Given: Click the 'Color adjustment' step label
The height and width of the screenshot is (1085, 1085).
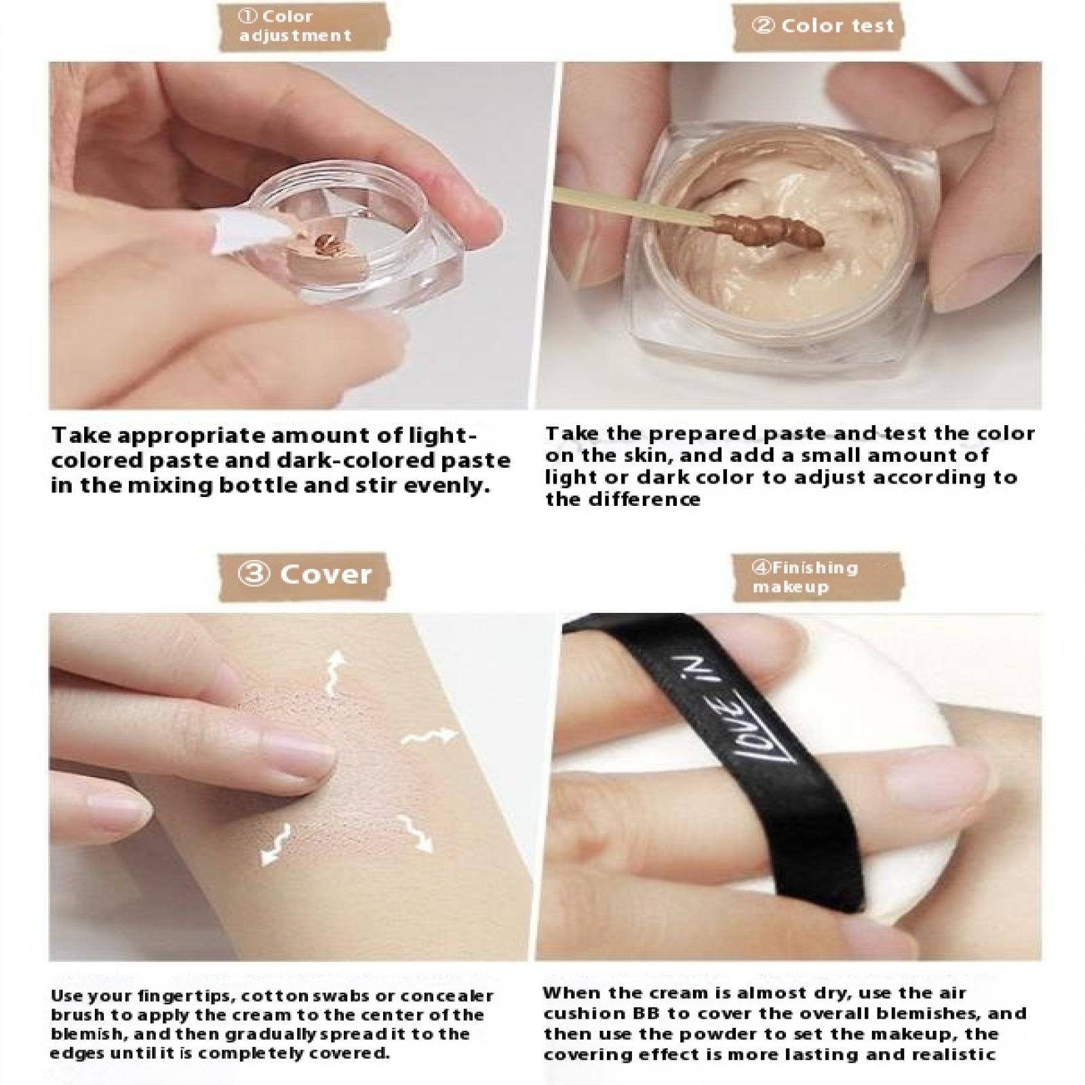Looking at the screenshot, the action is pos(296,26).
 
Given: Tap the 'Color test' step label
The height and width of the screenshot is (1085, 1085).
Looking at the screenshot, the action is pos(823,26).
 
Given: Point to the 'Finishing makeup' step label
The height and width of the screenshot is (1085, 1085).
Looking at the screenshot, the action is pos(805,576).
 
